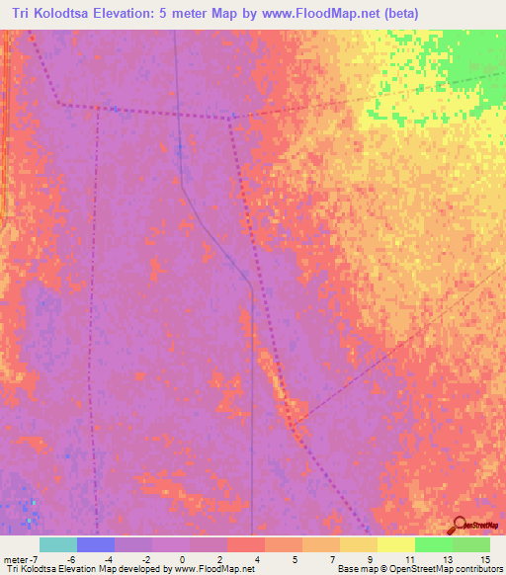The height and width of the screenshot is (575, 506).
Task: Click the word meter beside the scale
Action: [16, 558]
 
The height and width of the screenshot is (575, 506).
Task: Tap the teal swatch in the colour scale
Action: [58, 544]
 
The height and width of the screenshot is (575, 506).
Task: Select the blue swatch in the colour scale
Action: [96, 544]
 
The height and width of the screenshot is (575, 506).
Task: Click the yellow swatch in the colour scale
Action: [396, 544]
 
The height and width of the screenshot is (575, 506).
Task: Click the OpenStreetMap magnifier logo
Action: [460, 525]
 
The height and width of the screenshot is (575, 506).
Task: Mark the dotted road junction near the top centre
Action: [230, 119]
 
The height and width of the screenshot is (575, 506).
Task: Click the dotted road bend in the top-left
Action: [60, 103]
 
